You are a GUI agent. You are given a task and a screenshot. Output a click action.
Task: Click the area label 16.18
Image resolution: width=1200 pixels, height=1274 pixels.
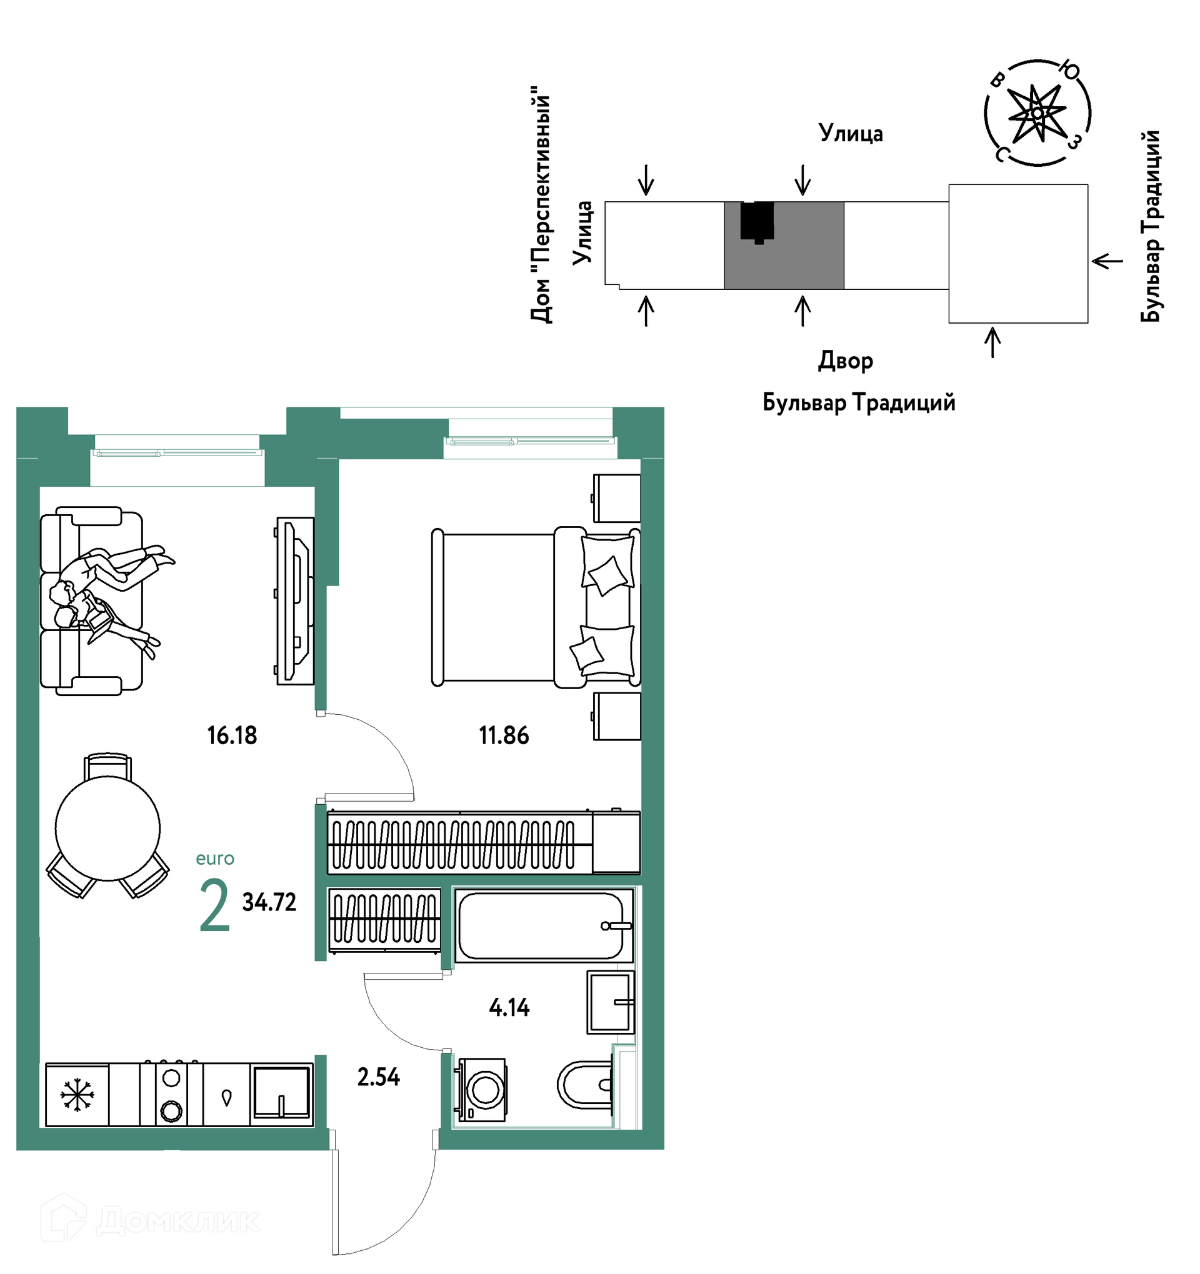[232, 735]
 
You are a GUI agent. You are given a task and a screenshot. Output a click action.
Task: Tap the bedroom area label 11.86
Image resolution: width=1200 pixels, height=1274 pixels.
[504, 735]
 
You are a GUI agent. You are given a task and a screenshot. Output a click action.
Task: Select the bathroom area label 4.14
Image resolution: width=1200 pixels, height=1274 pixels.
[509, 1007]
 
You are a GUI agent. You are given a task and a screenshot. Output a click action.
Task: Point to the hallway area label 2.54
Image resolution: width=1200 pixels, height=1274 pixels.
[378, 1077]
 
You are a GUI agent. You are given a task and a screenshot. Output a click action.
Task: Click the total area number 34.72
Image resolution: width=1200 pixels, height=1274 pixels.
[269, 902]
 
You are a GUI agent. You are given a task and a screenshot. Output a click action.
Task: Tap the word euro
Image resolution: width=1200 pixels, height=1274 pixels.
[215, 858]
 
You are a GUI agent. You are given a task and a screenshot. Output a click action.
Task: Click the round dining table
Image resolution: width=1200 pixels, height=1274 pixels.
[107, 828]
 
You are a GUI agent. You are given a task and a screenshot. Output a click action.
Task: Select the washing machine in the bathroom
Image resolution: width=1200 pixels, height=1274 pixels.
[481, 1090]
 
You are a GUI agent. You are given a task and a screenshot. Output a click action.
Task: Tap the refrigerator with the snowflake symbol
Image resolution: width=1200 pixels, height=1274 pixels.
[77, 1095]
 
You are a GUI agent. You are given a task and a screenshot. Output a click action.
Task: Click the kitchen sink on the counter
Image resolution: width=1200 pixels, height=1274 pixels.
[281, 1093]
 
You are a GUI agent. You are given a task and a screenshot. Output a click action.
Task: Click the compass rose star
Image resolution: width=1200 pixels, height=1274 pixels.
[1036, 114]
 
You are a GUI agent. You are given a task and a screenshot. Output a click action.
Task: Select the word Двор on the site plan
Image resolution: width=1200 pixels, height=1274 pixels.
[845, 361]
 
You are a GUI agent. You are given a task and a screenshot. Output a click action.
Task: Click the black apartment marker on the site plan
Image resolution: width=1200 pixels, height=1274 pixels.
[757, 222]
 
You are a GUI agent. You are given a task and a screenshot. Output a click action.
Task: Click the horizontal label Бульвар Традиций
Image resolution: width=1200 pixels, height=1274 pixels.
[858, 402]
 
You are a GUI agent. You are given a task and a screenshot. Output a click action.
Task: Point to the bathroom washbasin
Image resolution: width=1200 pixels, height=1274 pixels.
[611, 1002]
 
